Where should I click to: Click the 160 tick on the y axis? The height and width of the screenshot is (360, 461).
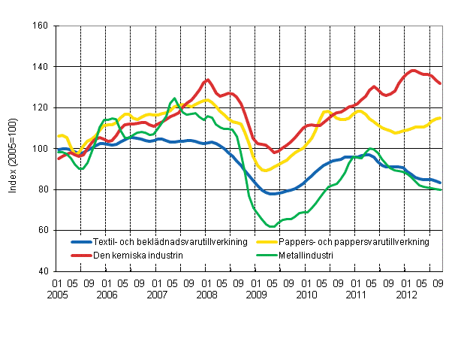(41, 26)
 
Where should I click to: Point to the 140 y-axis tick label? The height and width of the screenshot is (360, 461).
(41, 67)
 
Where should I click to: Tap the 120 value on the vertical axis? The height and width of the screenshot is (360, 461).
(41, 107)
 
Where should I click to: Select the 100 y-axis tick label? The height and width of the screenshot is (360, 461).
(41, 149)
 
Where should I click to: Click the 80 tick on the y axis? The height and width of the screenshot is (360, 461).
(43, 189)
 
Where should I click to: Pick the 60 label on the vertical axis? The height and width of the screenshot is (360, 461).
(43, 230)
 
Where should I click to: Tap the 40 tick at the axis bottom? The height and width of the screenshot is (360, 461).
(43, 271)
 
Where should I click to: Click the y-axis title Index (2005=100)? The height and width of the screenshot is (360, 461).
(14, 149)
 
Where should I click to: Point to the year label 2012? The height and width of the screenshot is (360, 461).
(405, 296)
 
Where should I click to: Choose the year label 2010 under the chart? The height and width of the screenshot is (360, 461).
(307, 296)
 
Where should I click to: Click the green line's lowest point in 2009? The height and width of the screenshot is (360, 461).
(271, 226)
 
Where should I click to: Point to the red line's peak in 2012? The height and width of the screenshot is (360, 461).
(413, 70)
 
